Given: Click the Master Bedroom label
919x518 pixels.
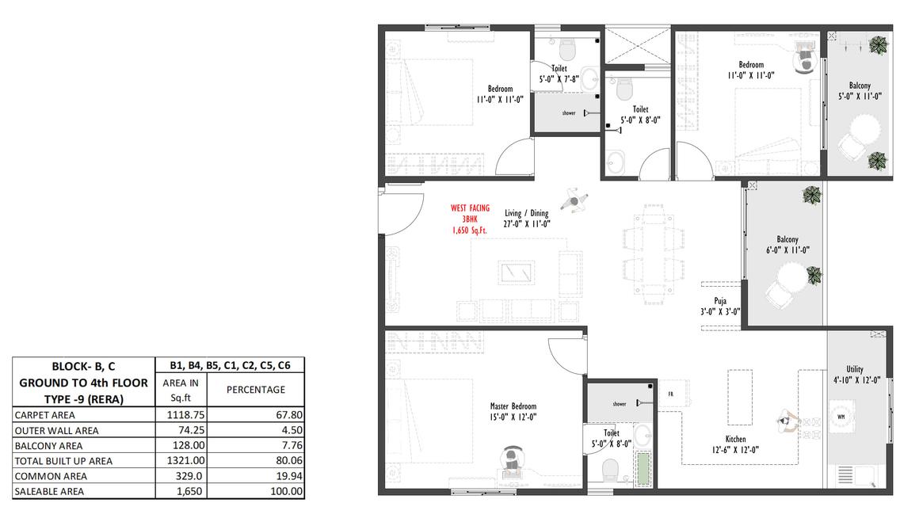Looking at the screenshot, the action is coord(513,406).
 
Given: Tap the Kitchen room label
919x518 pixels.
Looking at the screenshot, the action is coord(735,439).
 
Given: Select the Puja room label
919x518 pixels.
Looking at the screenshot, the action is coord(720,301).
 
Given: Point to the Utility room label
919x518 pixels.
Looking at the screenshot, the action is coord(855,369).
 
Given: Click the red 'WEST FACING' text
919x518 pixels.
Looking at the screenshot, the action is coord(470,208).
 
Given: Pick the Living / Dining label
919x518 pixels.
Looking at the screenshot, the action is coord(526,213).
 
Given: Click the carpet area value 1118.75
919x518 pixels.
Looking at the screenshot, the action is coord(186,415).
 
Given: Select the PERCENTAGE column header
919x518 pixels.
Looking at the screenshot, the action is coord(256,390).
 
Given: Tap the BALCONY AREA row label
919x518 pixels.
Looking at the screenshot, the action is coord(48,446).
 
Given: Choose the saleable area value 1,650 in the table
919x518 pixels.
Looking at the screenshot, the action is coord(189,492).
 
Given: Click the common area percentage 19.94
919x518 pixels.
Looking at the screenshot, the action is coord(289,476).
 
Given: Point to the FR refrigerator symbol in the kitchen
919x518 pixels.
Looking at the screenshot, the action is coord(671,394).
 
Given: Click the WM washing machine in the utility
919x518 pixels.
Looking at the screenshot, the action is coord(841,417).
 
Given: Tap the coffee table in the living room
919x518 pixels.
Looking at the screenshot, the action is coord(517,272).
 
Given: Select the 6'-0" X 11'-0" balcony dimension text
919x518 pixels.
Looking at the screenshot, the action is coord(787,250).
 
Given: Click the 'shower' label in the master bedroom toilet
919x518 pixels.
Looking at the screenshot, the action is coord(620,404).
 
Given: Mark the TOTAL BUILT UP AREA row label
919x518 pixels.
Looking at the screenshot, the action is coord(63,461).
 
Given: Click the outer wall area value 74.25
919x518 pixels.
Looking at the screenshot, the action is coord(191,430).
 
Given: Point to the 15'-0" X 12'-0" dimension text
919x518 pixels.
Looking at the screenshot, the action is coord(513,417).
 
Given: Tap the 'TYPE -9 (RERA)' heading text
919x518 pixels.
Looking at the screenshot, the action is coord(84,400).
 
